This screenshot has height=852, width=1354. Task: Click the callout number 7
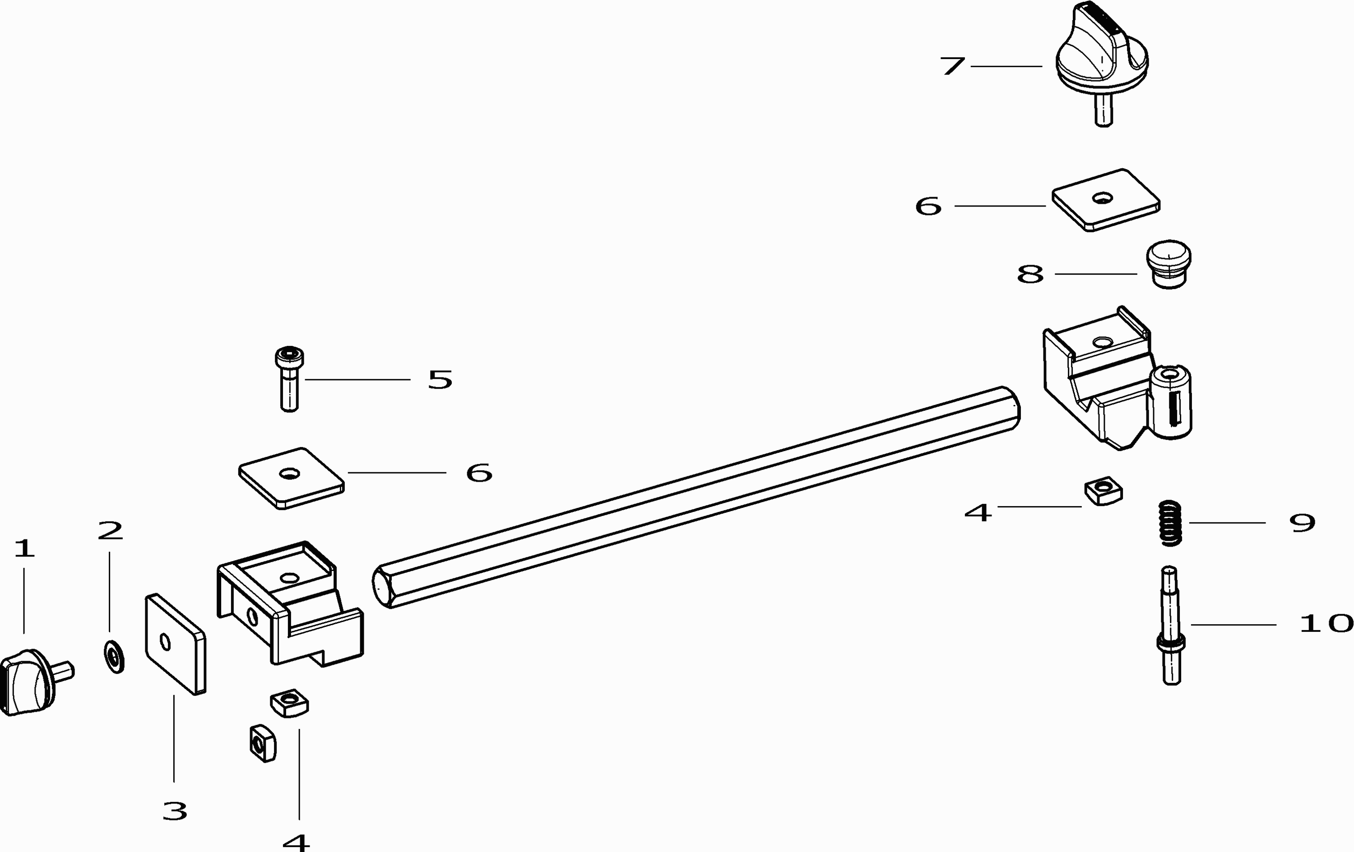(x=952, y=66)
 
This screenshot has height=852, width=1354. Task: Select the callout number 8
(x=1030, y=275)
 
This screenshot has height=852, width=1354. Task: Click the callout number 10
(x=1325, y=624)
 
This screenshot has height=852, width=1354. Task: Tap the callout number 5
(x=440, y=380)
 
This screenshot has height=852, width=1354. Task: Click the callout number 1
(x=24, y=548)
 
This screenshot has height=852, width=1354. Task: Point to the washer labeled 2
(x=114, y=655)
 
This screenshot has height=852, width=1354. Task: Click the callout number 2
(x=110, y=530)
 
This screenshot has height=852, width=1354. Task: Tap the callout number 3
(x=174, y=811)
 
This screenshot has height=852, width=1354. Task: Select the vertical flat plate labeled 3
(x=175, y=644)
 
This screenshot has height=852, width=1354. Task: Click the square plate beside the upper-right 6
(x=1105, y=199)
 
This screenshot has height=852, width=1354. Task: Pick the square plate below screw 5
(x=291, y=478)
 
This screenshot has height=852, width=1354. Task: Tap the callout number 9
(x=1302, y=523)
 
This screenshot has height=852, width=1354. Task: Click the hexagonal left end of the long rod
(x=382, y=586)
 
